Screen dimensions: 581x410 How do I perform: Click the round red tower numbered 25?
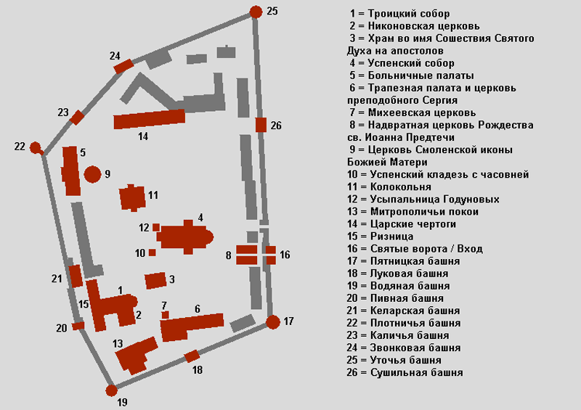point(256,12)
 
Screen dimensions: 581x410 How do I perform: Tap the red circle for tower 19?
point(112,390)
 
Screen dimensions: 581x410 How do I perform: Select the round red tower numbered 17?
point(273,322)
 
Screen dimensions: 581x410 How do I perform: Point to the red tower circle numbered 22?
point(35,147)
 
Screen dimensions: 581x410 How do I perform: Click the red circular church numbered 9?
point(93,174)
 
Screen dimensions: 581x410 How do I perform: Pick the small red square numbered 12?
point(156,227)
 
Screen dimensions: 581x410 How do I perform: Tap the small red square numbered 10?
point(152,253)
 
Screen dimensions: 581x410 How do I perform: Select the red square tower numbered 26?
point(261,125)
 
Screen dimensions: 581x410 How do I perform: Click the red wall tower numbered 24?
point(123,66)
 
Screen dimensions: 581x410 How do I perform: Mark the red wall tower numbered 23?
point(77,118)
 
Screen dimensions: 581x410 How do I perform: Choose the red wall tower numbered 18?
point(192,356)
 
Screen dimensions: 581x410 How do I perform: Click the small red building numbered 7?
point(166,315)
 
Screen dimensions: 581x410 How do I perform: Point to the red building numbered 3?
point(155,281)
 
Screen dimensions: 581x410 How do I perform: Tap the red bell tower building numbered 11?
point(132,198)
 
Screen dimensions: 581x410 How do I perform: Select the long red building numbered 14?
point(150,119)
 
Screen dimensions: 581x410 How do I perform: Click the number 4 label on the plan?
point(200,218)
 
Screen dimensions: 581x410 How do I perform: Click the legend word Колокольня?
point(401,187)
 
